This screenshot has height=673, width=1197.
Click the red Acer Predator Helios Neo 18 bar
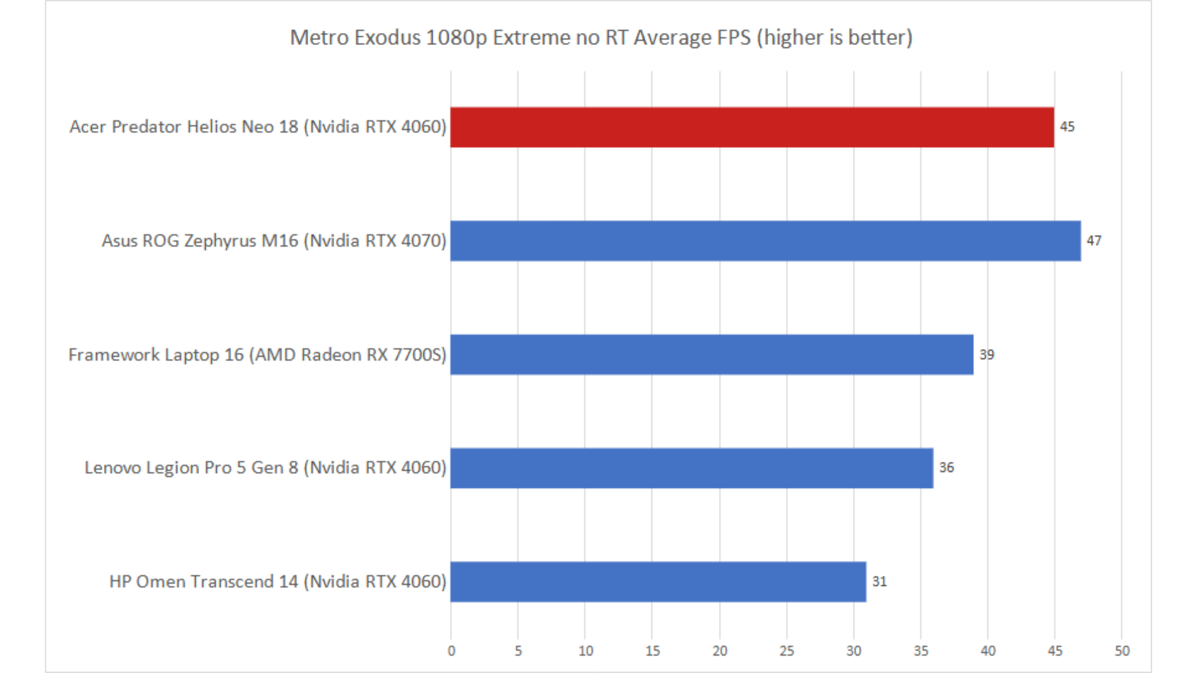tap(752, 127)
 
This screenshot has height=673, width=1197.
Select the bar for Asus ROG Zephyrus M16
tap(766, 241)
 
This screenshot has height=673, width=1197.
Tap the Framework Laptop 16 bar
tap(712, 355)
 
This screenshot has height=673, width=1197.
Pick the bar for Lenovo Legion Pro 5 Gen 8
tap(692, 468)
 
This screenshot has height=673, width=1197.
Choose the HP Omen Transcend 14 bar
tap(658, 582)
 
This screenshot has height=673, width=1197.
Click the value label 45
tap(1067, 126)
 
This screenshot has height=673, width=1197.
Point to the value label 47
tap(1094, 241)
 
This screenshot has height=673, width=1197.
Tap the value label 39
tap(987, 355)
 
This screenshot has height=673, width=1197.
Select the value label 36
tap(946, 467)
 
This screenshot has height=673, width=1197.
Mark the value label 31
tap(879, 581)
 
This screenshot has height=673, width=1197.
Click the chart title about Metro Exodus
tap(601, 37)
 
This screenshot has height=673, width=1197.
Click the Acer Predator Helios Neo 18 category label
tap(257, 126)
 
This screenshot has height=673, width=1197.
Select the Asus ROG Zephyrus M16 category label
tap(274, 241)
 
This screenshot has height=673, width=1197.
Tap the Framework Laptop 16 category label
tap(257, 355)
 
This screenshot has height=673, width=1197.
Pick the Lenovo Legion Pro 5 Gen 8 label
tap(265, 467)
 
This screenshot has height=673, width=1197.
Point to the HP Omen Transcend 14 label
tap(277, 581)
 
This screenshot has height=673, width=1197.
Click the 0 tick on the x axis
tap(451, 651)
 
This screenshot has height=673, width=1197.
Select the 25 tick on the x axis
tap(787, 651)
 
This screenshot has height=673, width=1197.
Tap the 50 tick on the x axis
tap(1122, 651)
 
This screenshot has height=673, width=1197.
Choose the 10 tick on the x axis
tap(585, 651)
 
